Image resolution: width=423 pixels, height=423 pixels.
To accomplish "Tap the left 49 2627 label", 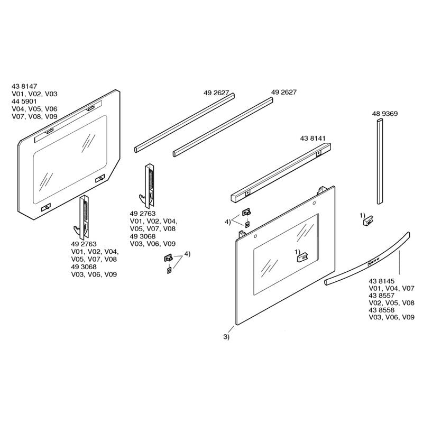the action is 216,93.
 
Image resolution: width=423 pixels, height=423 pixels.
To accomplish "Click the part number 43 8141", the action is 312,139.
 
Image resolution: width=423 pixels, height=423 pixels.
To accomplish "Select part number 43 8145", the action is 382,281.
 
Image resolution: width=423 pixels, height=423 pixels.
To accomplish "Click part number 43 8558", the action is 382,310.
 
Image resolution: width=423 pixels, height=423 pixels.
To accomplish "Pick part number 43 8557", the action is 382,296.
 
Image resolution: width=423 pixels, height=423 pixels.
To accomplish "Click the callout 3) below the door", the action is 226,337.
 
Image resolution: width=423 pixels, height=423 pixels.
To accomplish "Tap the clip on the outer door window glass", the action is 303,256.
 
